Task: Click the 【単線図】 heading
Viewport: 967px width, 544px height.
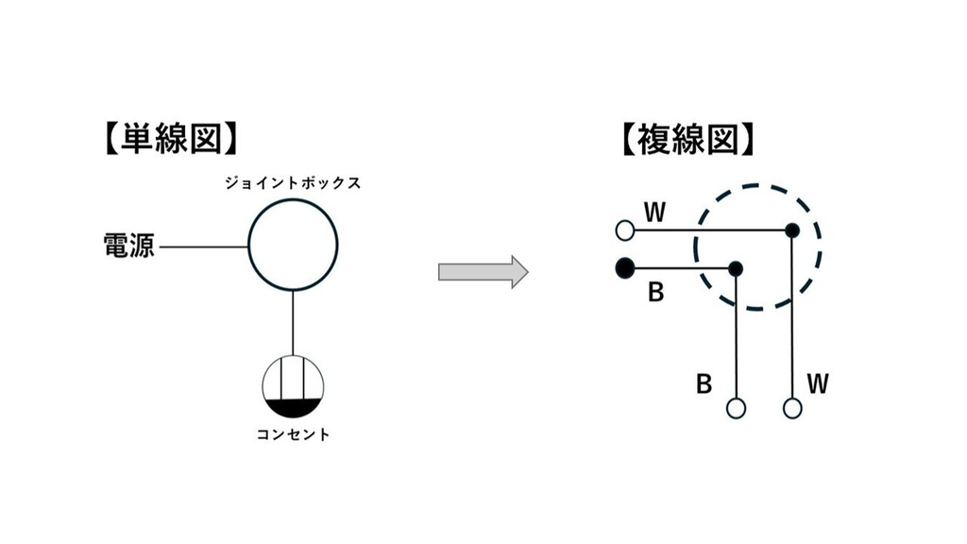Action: [171, 139]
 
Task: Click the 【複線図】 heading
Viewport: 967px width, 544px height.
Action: [687, 139]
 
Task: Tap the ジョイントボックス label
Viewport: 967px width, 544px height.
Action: [293, 183]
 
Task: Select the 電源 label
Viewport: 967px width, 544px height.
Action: [128, 246]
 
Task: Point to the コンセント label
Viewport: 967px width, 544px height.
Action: [294, 434]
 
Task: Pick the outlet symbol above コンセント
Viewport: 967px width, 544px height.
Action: [293, 386]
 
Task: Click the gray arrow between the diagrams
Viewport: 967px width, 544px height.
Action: [483, 271]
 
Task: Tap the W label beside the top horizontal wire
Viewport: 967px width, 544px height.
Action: [655, 212]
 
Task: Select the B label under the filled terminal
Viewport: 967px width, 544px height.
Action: [656, 293]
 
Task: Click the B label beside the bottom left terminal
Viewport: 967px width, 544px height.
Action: [704, 384]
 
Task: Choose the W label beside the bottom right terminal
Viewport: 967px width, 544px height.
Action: [818, 384]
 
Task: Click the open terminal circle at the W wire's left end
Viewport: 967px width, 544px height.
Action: [625, 230]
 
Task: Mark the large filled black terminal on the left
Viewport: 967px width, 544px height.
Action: [625, 268]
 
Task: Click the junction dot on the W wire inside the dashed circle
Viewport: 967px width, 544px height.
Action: [792, 230]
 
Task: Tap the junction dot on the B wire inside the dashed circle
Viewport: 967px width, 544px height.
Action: [735, 269]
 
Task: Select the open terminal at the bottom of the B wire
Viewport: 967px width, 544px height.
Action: [736, 408]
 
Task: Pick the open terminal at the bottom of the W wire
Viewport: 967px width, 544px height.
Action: [792, 408]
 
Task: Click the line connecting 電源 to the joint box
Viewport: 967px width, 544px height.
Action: [204, 246]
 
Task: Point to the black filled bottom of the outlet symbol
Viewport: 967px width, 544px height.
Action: [293, 408]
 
